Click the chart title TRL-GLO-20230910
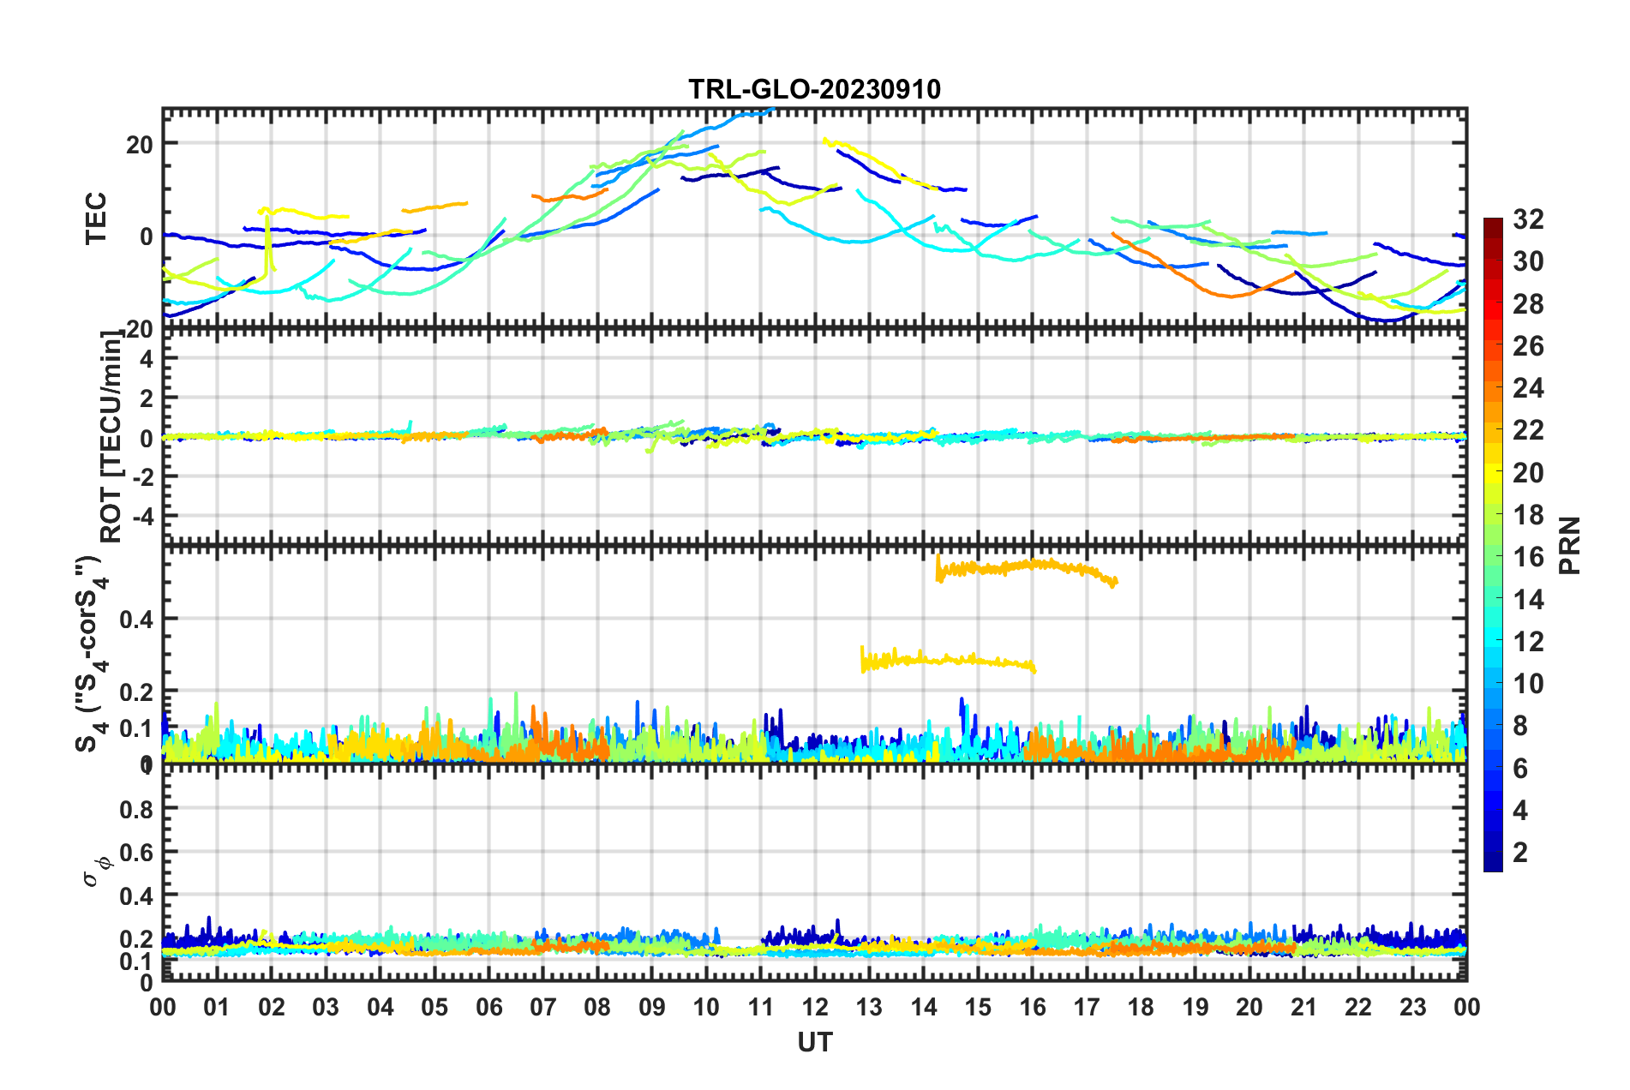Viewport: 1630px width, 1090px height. pyautogui.click(x=814, y=89)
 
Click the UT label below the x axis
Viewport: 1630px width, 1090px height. pyautogui.click(x=814, y=1042)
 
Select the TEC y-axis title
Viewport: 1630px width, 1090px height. pyautogui.click(x=96, y=218)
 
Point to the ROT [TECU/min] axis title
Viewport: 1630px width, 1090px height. pyautogui.click(x=111, y=437)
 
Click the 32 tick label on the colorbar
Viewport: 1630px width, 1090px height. pyautogui.click(x=1528, y=219)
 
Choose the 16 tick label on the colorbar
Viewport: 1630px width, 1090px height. pyautogui.click(x=1528, y=557)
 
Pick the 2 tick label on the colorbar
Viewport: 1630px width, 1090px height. pyautogui.click(x=1521, y=852)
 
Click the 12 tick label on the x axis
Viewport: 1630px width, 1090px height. pyautogui.click(x=815, y=1007)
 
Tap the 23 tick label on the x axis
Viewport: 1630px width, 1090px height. pyautogui.click(x=1412, y=1007)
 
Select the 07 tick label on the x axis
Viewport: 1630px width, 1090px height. pyautogui.click(x=543, y=1007)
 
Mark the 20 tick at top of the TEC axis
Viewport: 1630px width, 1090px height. pyautogui.click(x=139, y=144)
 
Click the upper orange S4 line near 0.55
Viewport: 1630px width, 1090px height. pyautogui.click(x=1028, y=566)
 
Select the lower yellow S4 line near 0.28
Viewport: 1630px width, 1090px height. pyautogui.click(x=943, y=660)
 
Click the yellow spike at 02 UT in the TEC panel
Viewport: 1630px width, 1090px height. pyautogui.click(x=269, y=240)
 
